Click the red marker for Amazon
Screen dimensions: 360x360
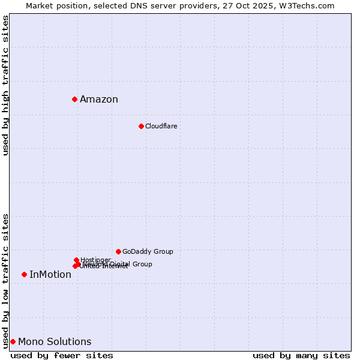(74, 99)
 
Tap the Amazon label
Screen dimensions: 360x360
(99, 100)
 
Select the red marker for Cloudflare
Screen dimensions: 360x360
(141, 126)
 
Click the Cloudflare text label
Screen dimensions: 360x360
(161, 127)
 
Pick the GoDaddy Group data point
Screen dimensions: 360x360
(118, 251)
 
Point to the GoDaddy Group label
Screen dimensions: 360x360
(148, 252)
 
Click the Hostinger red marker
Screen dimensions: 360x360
(76, 260)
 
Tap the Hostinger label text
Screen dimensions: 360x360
(95, 260)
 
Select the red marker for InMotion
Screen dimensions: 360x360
(24, 274)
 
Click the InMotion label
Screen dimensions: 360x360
(50, 275)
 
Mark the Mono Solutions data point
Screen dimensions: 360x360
(13, 341)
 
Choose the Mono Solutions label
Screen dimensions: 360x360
(55, 342)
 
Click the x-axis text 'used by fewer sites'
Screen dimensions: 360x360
(62, 355)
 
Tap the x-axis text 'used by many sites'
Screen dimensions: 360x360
(301, 355)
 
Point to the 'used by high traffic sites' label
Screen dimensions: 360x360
(6, 86)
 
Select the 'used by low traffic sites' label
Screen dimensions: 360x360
(6, 281)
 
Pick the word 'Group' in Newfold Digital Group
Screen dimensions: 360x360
(142, 264)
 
